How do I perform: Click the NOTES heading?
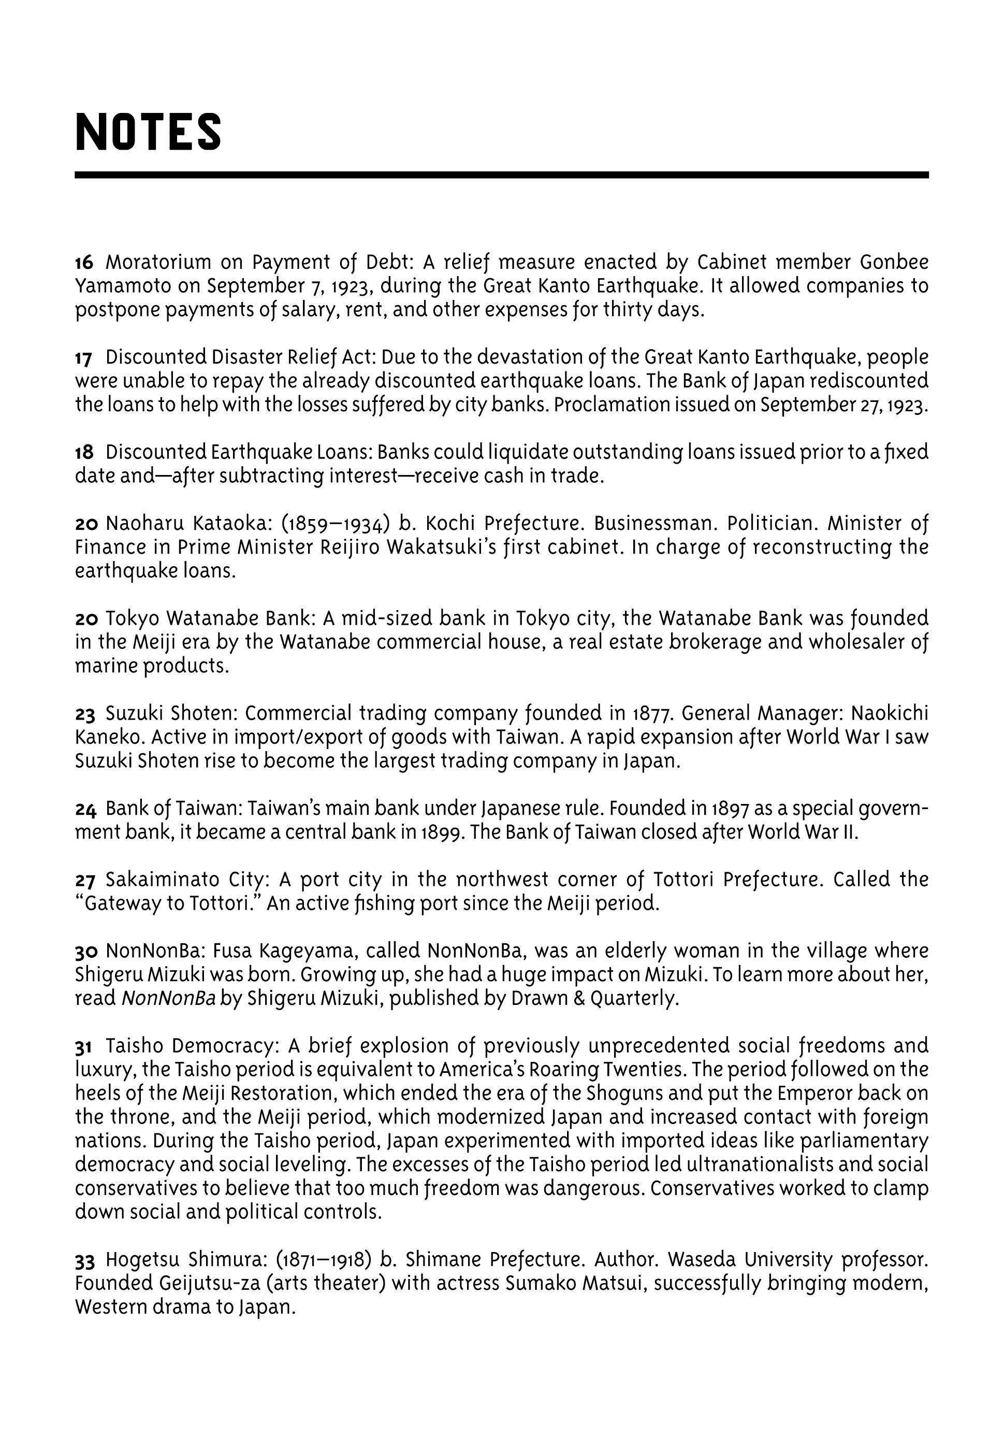148,132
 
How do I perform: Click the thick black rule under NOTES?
501,175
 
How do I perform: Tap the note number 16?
84,262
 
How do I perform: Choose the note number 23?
85,714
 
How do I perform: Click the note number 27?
85,880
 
